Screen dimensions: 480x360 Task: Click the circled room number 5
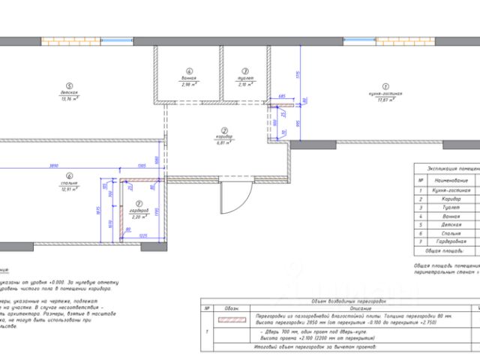(x=69, y=85)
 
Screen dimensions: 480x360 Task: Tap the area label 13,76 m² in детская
(x=69, y=99)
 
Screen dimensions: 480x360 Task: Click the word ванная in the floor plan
(x=187, y=77)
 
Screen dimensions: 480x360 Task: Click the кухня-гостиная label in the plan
(x=386, y=93)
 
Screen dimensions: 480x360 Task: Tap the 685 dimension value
(x=280, y=96)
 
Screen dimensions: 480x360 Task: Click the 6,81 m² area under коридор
(x=223, y=142)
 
